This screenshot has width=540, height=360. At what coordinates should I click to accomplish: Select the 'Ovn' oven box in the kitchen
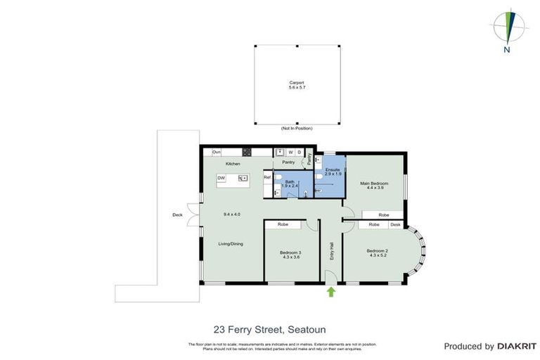point(217,153)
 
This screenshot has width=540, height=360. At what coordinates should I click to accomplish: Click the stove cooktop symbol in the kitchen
point(247,153)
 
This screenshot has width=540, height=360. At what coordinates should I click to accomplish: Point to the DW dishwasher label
point(221,179)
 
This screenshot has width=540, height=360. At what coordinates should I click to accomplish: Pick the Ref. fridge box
point(267,177)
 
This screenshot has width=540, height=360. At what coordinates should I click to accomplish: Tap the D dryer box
point(299,153)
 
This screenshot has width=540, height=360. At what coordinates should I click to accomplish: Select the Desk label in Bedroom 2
point(395,224)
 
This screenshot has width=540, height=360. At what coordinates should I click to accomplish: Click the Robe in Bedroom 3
point(283,224)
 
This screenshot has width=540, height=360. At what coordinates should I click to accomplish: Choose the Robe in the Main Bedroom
point(383,214)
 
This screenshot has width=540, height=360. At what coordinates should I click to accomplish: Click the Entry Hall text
point(331,251)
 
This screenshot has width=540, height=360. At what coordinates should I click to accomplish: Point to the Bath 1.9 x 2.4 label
point(290,184)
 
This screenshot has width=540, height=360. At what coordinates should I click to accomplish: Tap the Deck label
point(177,215)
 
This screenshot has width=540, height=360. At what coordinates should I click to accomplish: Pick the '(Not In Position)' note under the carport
point(296,129)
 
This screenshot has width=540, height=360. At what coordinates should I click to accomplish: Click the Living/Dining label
point(231,244)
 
